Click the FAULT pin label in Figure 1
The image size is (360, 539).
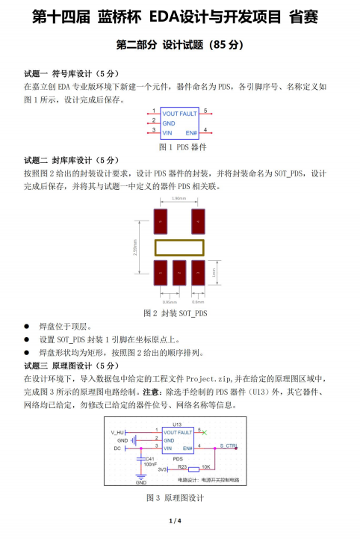point(188,114)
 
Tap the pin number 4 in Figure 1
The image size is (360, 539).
point(205,129)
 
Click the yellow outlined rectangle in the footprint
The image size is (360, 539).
point(179,247)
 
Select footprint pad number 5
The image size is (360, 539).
point(160,218)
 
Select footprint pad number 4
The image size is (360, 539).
point(199,218)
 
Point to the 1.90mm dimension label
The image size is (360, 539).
point(179,199)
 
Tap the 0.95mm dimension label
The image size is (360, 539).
point(159,301)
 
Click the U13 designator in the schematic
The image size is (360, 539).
point(177,425)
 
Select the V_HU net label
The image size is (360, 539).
point(118,433)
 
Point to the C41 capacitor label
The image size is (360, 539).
point(149,458)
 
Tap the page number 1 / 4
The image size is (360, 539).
point(179,520)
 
